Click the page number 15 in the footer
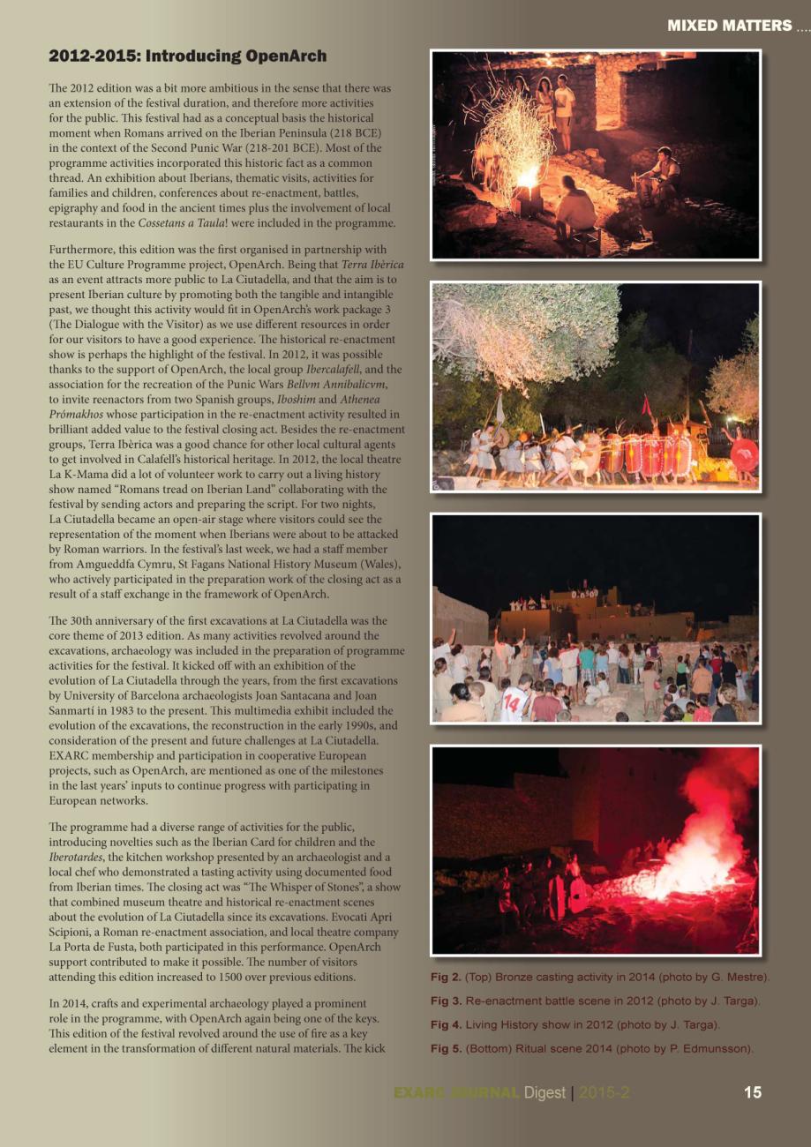tap(752, 1092)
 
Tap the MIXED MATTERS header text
tap(730, 26)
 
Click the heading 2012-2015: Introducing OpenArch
tap(187, 56)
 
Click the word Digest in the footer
tap(544, 1092)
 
